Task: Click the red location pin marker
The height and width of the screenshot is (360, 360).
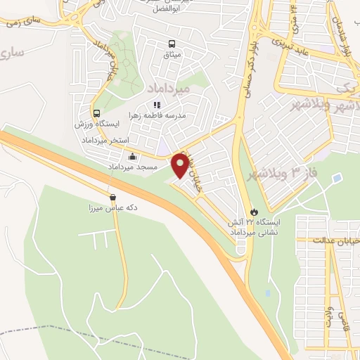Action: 181,165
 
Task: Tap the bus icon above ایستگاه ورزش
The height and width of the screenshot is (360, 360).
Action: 96,113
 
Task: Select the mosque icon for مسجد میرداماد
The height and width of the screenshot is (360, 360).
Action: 132,157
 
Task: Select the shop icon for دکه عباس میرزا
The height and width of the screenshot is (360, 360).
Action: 112,197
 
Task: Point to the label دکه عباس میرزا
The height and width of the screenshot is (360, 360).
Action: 109,208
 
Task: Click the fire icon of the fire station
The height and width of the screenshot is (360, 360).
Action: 254,211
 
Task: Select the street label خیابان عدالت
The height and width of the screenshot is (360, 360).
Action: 338,240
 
